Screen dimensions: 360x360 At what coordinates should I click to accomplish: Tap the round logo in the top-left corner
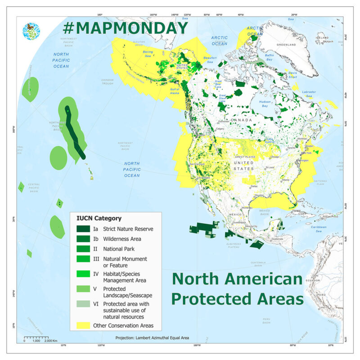31,31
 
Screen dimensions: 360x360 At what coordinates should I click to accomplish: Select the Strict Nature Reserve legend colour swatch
82,229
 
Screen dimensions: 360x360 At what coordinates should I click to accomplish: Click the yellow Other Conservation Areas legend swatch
82,325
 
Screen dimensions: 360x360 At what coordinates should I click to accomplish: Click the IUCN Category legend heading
100,219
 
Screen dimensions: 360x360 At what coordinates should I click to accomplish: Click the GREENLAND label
286,45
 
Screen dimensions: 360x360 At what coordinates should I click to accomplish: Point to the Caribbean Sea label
319,229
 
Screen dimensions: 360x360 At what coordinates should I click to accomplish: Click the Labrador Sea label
309,94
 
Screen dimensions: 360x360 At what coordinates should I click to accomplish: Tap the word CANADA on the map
241,121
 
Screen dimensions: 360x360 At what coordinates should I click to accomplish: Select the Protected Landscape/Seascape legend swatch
82,288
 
